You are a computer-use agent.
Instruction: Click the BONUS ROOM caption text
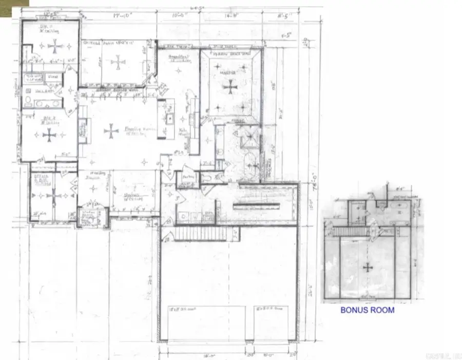[x=368, y=310]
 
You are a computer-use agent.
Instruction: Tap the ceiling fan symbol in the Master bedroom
[x=230, y=87]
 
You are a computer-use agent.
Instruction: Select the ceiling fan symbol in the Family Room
[x=111, y=131]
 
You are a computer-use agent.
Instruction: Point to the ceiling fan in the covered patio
[x=118, y=63]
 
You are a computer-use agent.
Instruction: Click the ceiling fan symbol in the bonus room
[x=368, y=267]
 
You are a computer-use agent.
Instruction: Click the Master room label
[x=227, y=73]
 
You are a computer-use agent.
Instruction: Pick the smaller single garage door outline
[x=273, y=323]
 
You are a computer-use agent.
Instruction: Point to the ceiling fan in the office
[x=53, y=196]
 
